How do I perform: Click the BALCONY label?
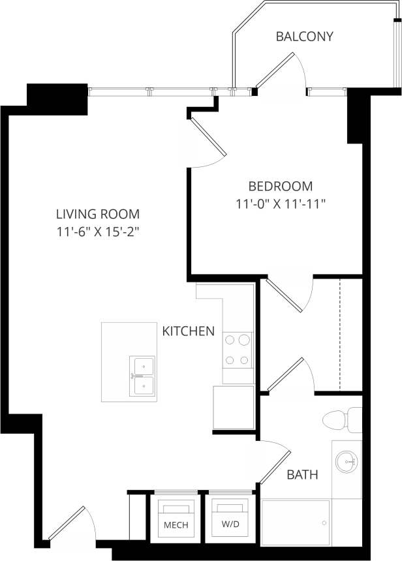tap(304, 37)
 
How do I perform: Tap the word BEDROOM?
tap(280, 186)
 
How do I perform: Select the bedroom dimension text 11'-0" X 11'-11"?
tap(280, 204)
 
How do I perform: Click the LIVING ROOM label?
tap(97, 213)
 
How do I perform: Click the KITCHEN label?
tap(188, 331)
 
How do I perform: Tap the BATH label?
tap(303, 475)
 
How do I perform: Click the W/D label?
tap(229, 525)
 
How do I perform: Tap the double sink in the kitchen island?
tap(142, 376)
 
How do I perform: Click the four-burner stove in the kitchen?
tap(238, 350)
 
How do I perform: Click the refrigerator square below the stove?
tap(234, 408)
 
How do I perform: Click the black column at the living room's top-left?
tap(57, 95)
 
